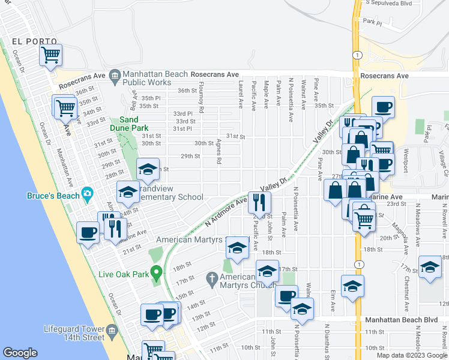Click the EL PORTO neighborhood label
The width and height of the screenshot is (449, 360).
click(x=34, y=42)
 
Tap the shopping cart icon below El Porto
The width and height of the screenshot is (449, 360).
click(x=51, y=55)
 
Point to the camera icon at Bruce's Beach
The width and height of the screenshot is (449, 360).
click(x=88, y=194)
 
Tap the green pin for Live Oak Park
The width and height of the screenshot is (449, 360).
click(x=157, y=274)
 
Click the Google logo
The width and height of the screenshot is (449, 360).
click(x=20, y=353)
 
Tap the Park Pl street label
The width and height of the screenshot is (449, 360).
click(x=372, y=22)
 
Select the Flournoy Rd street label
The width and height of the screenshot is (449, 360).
click(x=202, y=101)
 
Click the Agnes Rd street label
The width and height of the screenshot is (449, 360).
click(x=219, y=153)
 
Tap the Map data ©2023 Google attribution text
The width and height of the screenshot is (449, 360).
click(x=411, y=355)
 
